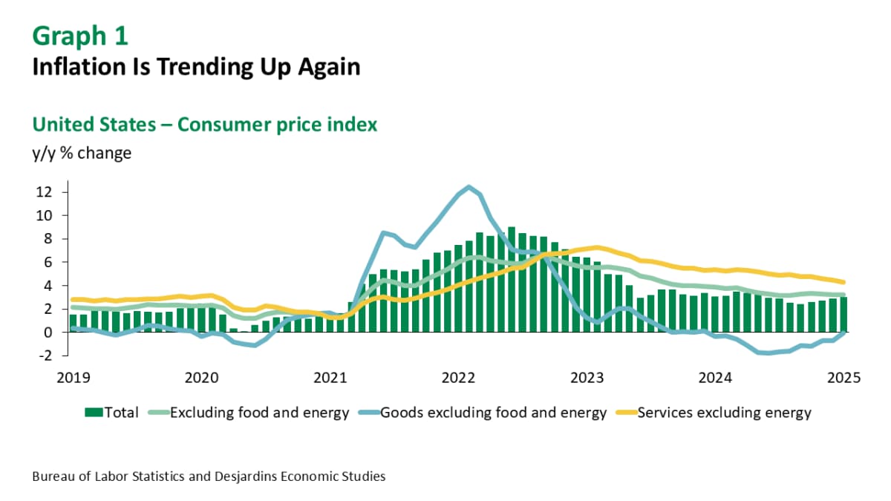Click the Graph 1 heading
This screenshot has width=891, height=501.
(x=80, y=36)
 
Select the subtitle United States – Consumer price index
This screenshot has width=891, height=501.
(x=204, y=124)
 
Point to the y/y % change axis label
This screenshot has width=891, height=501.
(x=82, y=154)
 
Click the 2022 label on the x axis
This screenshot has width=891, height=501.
(x=458, y=376)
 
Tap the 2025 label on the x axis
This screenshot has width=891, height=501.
(x=843, y=376)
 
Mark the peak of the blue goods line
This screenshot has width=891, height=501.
(x=469, y=187)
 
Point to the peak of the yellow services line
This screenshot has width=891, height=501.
(x=597, y=247)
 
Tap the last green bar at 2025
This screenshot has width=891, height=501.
(x=843, y=315)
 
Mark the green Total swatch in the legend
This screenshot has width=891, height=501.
(x=94, y=413)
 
